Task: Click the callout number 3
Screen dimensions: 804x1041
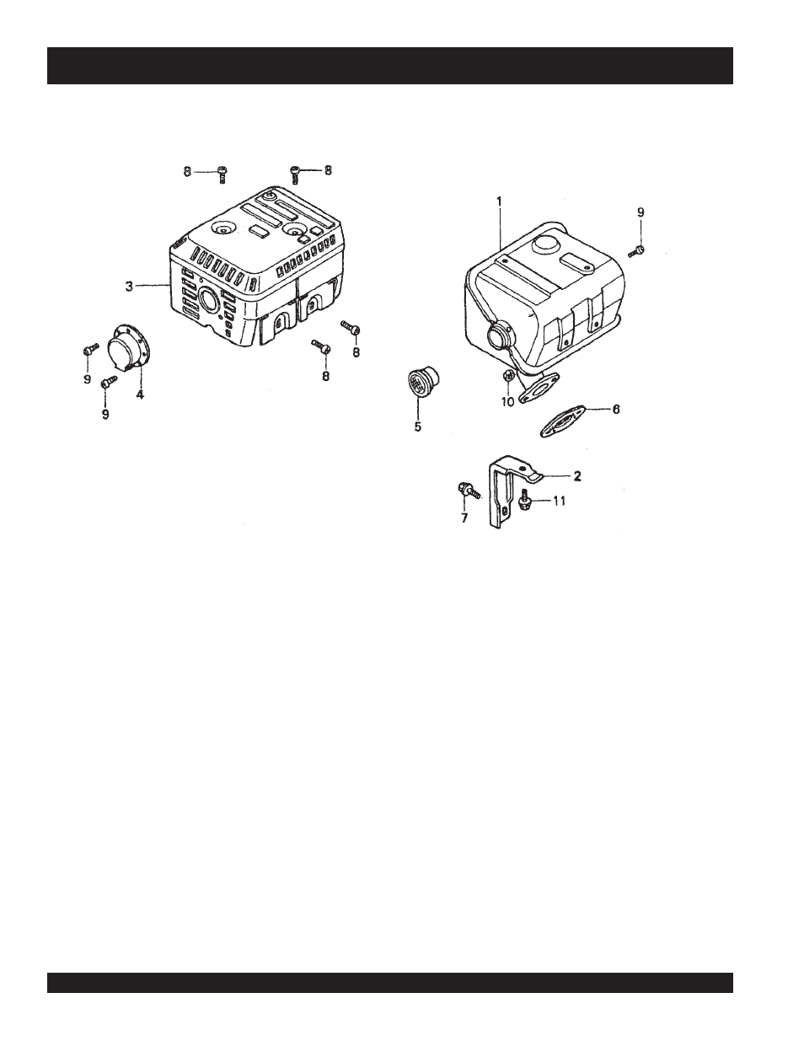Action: click(129, 287)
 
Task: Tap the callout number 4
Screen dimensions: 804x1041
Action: click(140, 393)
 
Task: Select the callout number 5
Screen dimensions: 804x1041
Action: click(417, 427)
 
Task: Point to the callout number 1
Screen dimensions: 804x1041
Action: click(499, 201)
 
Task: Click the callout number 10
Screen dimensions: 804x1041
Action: click(507, 402)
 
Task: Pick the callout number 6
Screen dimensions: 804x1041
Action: click(615, 409)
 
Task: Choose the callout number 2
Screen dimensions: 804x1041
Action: click(577, 476)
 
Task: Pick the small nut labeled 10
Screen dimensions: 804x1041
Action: click(508, 377)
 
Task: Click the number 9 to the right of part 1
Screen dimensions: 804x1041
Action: click(640, 213)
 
